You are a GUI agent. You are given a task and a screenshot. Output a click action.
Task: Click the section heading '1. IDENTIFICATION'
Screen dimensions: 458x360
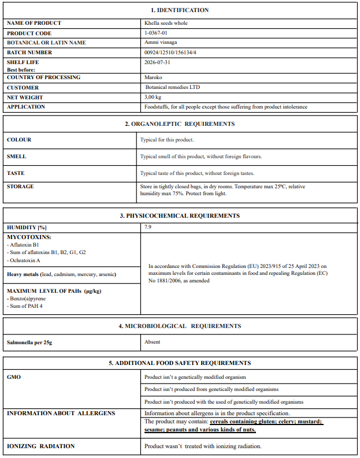180,10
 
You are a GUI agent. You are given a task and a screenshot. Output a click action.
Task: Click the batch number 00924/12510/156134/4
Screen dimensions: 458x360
172,53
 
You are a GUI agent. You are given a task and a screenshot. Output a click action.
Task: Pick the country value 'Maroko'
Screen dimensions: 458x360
153,77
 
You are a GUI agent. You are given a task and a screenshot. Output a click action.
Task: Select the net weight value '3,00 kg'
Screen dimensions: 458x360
153,97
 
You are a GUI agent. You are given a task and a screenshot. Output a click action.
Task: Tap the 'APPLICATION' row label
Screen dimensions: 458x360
26,107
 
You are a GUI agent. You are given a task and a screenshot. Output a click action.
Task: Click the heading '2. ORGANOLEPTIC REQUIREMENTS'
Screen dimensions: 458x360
180,124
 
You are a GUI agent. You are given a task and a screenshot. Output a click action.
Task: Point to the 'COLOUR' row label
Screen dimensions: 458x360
19,140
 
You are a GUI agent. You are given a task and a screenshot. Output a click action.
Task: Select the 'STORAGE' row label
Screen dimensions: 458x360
20,187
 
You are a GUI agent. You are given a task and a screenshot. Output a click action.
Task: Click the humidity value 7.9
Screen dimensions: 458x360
148,228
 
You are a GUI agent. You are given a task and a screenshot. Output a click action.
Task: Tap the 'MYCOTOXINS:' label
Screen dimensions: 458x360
29,237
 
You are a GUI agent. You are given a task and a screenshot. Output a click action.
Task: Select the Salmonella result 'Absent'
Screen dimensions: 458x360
152,342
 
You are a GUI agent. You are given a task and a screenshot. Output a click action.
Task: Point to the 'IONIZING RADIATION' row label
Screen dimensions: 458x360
40,446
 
